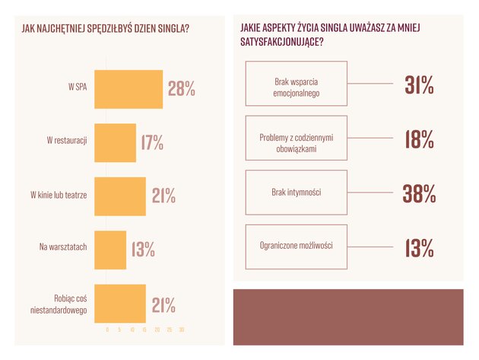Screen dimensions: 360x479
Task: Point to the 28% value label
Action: click(181, 89)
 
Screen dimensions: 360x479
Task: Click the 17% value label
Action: click(152, 142)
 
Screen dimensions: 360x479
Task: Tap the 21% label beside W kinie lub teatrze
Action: click(163, 196)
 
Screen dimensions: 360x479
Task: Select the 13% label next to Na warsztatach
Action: click(143, 249)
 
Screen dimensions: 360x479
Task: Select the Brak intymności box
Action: click(297, 193)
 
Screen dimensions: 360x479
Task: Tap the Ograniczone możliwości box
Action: click(297, 246)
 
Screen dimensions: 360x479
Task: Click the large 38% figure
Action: click(419, 194)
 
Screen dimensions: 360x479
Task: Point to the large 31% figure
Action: click(419, 86)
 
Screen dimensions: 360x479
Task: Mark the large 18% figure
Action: click(419, 140)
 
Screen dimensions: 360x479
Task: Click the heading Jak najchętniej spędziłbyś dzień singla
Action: click(106, 29)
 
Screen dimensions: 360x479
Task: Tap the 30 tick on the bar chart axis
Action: click(182, 330)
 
